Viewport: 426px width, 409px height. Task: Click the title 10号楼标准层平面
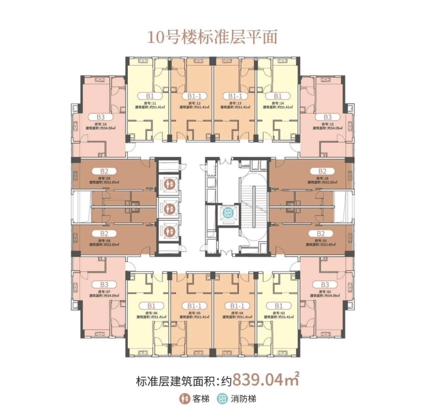(x=212, y=37)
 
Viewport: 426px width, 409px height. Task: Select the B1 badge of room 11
(x=151, y=96)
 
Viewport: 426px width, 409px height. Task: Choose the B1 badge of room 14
(x=277, y=96)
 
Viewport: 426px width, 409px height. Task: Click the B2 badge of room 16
(x=322, y=171)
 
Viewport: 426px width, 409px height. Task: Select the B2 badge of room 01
(x=322, y=233)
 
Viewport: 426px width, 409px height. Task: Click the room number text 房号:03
(x=277, y=313)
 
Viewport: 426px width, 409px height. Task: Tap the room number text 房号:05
(x=193, y=313)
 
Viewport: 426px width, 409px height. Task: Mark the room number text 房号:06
(x=151, y=313)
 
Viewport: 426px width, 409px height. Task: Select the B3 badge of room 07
(x=104, y=285)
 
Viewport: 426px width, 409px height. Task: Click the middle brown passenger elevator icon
(x=169, y=207)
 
